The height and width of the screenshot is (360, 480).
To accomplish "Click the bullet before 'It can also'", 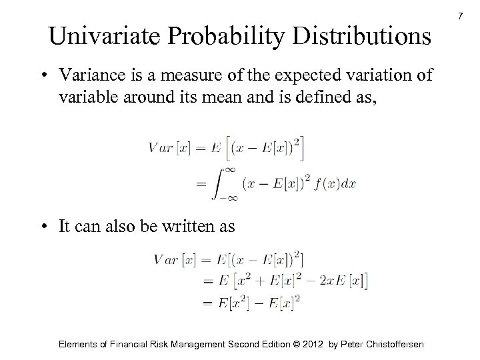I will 42,226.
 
